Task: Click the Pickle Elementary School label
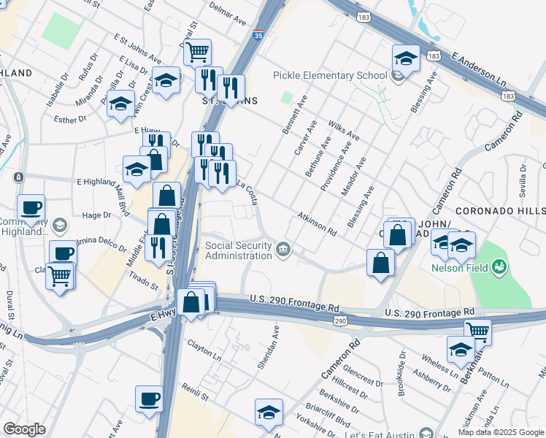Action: click(330, 75)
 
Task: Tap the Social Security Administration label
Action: click(238, 250)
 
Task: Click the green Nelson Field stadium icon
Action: click(499, 266)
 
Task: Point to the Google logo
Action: click(24, 429)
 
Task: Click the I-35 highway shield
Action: click(258, 34)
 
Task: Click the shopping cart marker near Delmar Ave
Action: click(197, 53)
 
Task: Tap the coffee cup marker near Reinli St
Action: click(149, 399)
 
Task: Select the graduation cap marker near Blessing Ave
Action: click(406, 58)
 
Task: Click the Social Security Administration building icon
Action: click(283, 250)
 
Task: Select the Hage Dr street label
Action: click(96, 215)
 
